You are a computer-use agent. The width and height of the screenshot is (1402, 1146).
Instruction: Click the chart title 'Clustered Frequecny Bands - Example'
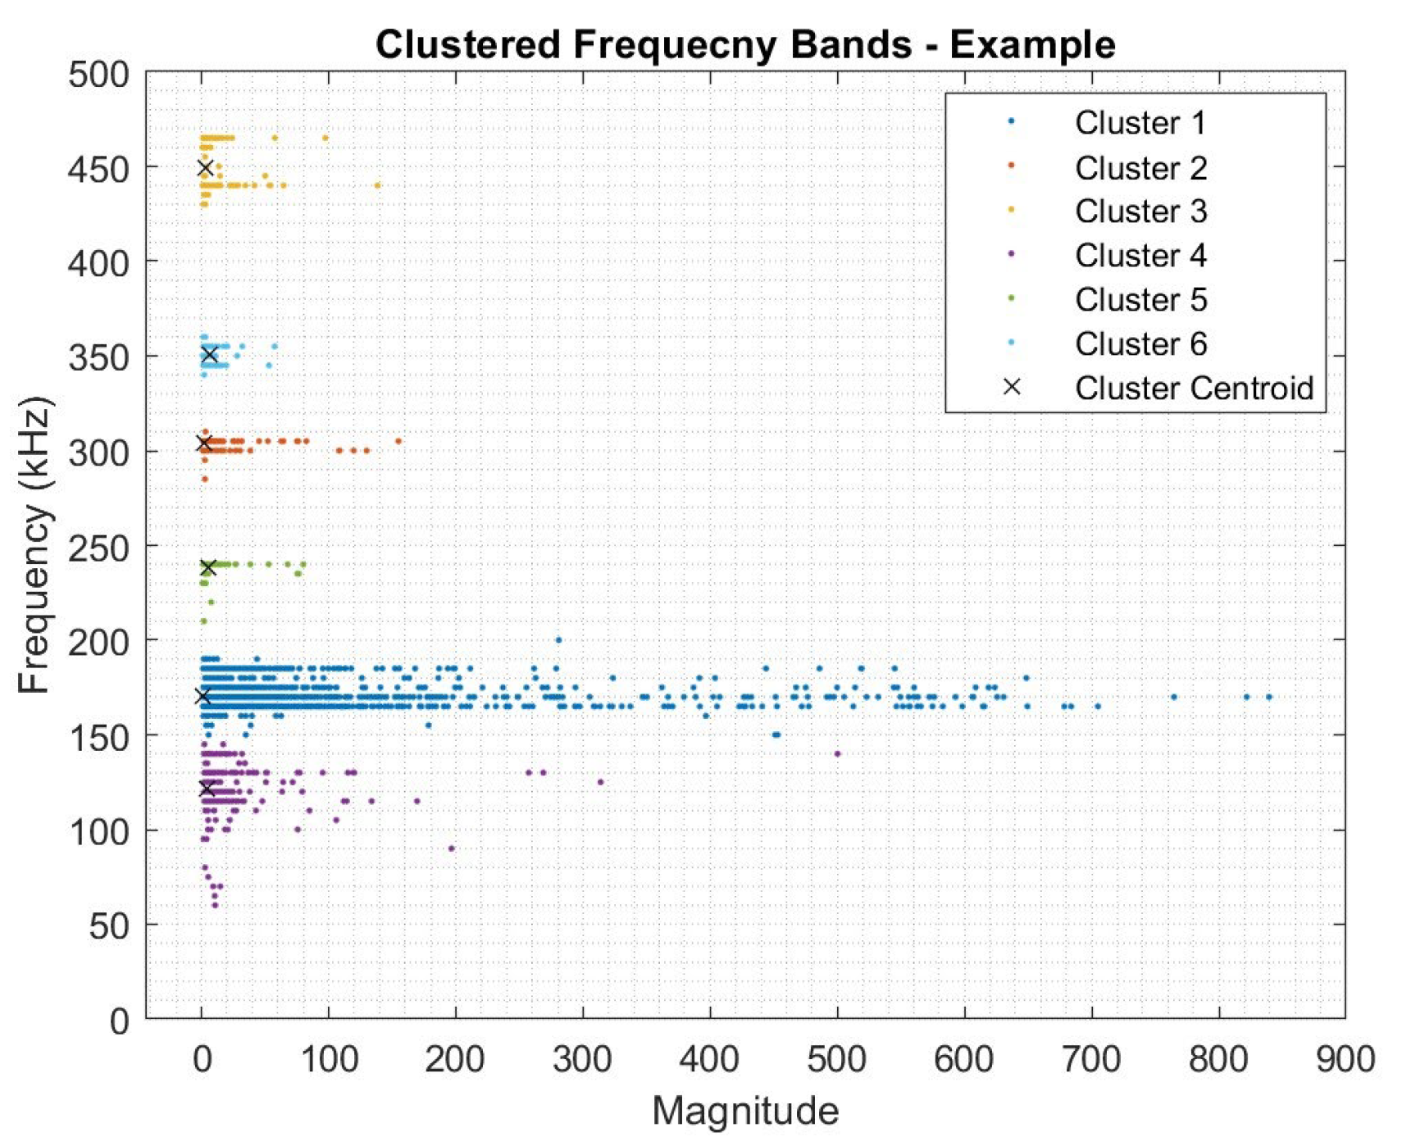(744, 44)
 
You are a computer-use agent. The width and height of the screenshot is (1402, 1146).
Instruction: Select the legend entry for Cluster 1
(1140, 123)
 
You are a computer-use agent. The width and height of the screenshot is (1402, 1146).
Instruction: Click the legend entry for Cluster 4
(1140, 256)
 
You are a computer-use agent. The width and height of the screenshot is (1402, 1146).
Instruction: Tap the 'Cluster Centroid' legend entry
(1193, 388)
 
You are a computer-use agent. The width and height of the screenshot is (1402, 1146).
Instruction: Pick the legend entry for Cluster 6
(1140, 344)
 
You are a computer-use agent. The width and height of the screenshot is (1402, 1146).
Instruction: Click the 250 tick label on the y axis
(99, 548)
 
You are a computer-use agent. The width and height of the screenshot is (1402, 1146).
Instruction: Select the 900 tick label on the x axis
(1345, 1060)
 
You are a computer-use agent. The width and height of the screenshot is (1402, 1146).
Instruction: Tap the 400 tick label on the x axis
(709, 1060)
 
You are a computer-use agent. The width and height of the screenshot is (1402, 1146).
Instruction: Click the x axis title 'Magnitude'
(744, 1112)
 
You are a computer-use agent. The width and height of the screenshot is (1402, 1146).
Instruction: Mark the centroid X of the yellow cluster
(206, 168)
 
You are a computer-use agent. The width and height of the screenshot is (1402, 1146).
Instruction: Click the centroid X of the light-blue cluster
(210, 355)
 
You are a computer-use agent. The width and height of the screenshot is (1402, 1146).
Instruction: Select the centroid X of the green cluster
(208, 567)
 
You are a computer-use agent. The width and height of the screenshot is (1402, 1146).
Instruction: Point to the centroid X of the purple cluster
(207, 789)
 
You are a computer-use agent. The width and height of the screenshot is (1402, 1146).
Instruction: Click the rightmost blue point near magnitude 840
(1268, 698)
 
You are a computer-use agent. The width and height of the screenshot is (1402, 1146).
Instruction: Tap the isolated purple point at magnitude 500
(837, 754)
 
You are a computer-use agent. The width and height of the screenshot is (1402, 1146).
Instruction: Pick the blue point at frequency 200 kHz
(558, 640)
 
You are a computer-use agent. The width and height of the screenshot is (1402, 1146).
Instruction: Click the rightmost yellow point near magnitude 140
(377, 185)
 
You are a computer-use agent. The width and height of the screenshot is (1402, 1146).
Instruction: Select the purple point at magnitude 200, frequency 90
(451, 848)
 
